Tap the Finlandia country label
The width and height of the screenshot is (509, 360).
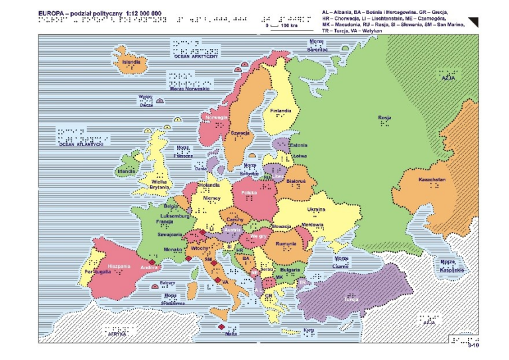280,111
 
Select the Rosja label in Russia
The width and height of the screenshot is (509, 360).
384,118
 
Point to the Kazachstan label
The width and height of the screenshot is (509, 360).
431,180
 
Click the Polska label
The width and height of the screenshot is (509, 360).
249,193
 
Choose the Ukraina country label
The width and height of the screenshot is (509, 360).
316,210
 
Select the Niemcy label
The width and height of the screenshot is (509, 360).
211,198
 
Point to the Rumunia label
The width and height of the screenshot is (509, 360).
286,244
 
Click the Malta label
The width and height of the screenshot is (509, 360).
231,335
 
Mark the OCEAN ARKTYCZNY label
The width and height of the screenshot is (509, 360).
196,57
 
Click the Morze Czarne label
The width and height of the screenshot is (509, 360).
341,262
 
